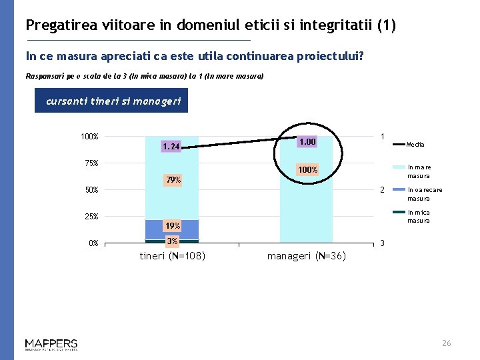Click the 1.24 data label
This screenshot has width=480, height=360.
point(171,146)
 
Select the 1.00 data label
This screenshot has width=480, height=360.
point(307,141)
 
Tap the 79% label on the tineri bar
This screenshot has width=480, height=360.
point(173,180)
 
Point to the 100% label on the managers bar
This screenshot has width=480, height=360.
point(307,171)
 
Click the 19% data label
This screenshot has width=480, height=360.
point(173,226)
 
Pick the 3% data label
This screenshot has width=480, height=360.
point(172,241)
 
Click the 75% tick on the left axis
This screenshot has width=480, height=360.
point(90,163)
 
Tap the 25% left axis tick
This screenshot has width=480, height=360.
point(90,217)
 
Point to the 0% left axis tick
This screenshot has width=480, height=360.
point(93,243)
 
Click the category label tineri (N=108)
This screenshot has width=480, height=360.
point(172,256)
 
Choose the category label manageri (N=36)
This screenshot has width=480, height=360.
point(307,256)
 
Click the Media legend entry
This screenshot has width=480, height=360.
point(415,145)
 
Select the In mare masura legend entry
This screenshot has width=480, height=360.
point(419,171)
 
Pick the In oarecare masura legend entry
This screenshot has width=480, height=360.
point(425,194)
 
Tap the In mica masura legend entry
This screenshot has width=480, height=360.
point(419,217)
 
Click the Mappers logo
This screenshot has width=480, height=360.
point(51,344)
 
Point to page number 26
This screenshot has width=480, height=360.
point(446,343)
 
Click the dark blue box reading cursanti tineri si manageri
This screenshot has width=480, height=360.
point(111,102)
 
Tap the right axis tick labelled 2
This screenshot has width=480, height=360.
point(382,190)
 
